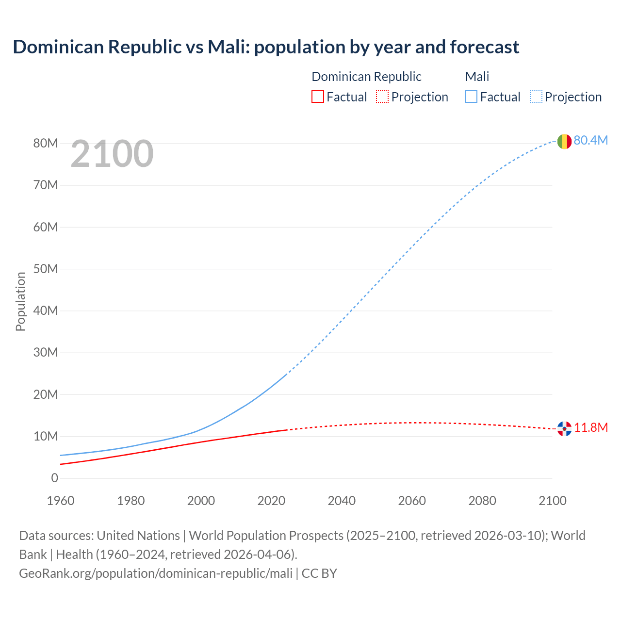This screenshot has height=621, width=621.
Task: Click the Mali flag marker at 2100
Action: coord(564,141)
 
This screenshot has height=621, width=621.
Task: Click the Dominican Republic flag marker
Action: coord(564,428)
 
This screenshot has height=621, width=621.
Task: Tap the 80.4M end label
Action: coord(590,140)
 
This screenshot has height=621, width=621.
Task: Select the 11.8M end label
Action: coord(591,427)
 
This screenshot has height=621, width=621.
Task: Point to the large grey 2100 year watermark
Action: coord(112,154)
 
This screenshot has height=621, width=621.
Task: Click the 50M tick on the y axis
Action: coord(46,269)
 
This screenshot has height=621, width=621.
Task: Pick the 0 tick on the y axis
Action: coord(54,478)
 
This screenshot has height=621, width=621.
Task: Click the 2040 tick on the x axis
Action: coord(342,501)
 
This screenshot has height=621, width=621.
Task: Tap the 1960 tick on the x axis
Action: coord(61,501)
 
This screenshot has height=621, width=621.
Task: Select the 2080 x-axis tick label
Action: coord(482,501)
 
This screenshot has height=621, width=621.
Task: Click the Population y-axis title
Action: coord(20,301)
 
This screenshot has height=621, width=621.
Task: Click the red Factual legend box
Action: coord(318,97)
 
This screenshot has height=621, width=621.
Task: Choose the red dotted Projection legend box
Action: coord(382,97)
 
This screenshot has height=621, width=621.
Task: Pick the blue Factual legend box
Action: coord(471,97)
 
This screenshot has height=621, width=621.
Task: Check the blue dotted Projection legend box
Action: coord(536,97)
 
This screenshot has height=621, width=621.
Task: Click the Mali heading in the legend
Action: coord(477,77)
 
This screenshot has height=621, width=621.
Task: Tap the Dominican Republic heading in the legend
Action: coord(366,77)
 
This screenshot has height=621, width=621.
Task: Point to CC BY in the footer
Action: coord(319,573)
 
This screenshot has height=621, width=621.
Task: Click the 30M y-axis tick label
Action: coord(46,352)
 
